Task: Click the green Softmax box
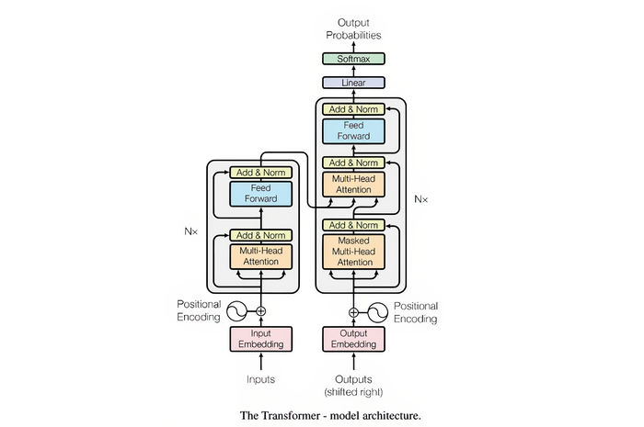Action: pos(352,59)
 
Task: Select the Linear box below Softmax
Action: pos(352,83)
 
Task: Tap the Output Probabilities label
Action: pos(352,28)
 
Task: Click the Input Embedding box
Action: pos(260,339)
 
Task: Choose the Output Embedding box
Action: pos(352,339)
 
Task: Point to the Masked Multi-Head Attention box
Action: pos(352,251)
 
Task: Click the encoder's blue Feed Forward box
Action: pos(260,193)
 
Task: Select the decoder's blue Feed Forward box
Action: pos(352,130)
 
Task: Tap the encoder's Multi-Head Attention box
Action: pos(260,256)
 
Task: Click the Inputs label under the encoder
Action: pos(260,378)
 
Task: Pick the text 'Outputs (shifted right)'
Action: pos(352,384)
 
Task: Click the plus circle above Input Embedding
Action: pos(260,311)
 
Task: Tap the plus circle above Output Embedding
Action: pos(352,311)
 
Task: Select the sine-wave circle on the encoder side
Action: pos(237,311)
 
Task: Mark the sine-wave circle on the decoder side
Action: pos(376,311)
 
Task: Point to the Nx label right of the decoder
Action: pos(420,197)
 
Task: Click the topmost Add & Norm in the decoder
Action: pos(352,109)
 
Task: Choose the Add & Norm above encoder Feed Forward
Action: pos(260,172)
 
